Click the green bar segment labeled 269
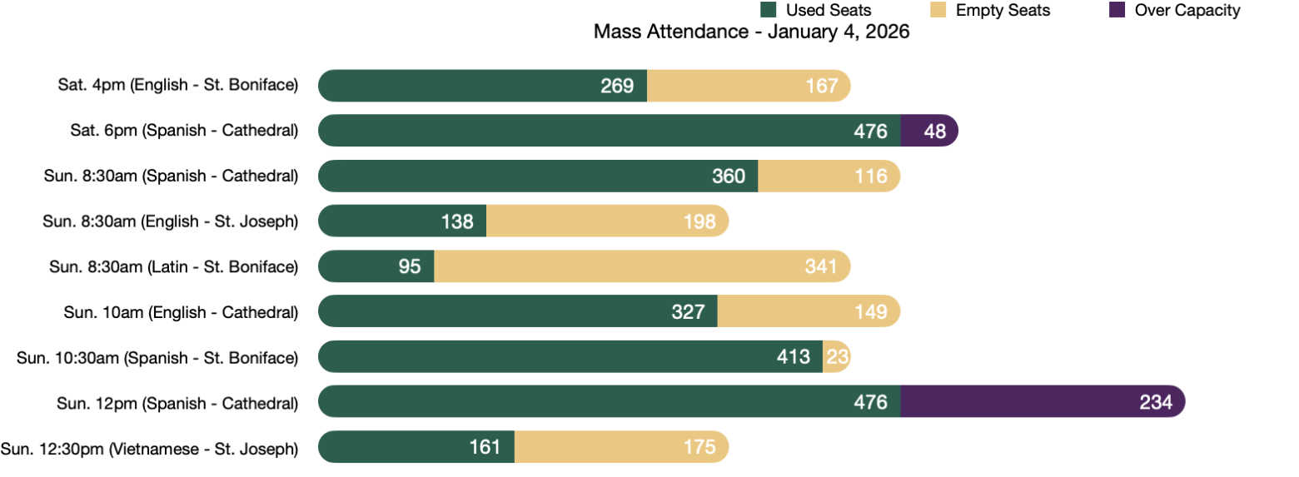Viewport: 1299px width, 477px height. click(482, 86)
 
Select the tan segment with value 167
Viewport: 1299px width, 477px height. click(748, 86)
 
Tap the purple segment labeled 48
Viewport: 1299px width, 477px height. click(928, 131)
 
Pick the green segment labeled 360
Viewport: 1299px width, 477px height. click(538, 176)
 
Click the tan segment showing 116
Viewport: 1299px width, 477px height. click(829, 176)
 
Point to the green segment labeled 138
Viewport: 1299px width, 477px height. click(402, 221)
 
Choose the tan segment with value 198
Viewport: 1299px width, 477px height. click(607, 221)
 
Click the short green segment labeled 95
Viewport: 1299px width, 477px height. click(376, 266)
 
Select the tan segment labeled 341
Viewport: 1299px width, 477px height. click(641, 266)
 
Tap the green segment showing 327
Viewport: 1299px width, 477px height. click(518, 311)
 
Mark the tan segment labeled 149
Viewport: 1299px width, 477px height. click(809, 311)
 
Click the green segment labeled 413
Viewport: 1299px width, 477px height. click(570, 356)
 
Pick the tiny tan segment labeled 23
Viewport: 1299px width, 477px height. click(836, 356)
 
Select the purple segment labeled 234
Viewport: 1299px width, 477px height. click(1043, 401)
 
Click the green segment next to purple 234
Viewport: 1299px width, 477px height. click(609, 401)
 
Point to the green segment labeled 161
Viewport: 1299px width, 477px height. click(416, 446)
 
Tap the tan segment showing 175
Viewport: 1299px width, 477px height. click(621, 446)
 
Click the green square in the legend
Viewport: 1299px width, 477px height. click(769, 9)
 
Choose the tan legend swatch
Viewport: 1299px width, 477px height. click(938, 9)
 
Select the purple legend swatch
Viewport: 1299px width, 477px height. click(1117, 9)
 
